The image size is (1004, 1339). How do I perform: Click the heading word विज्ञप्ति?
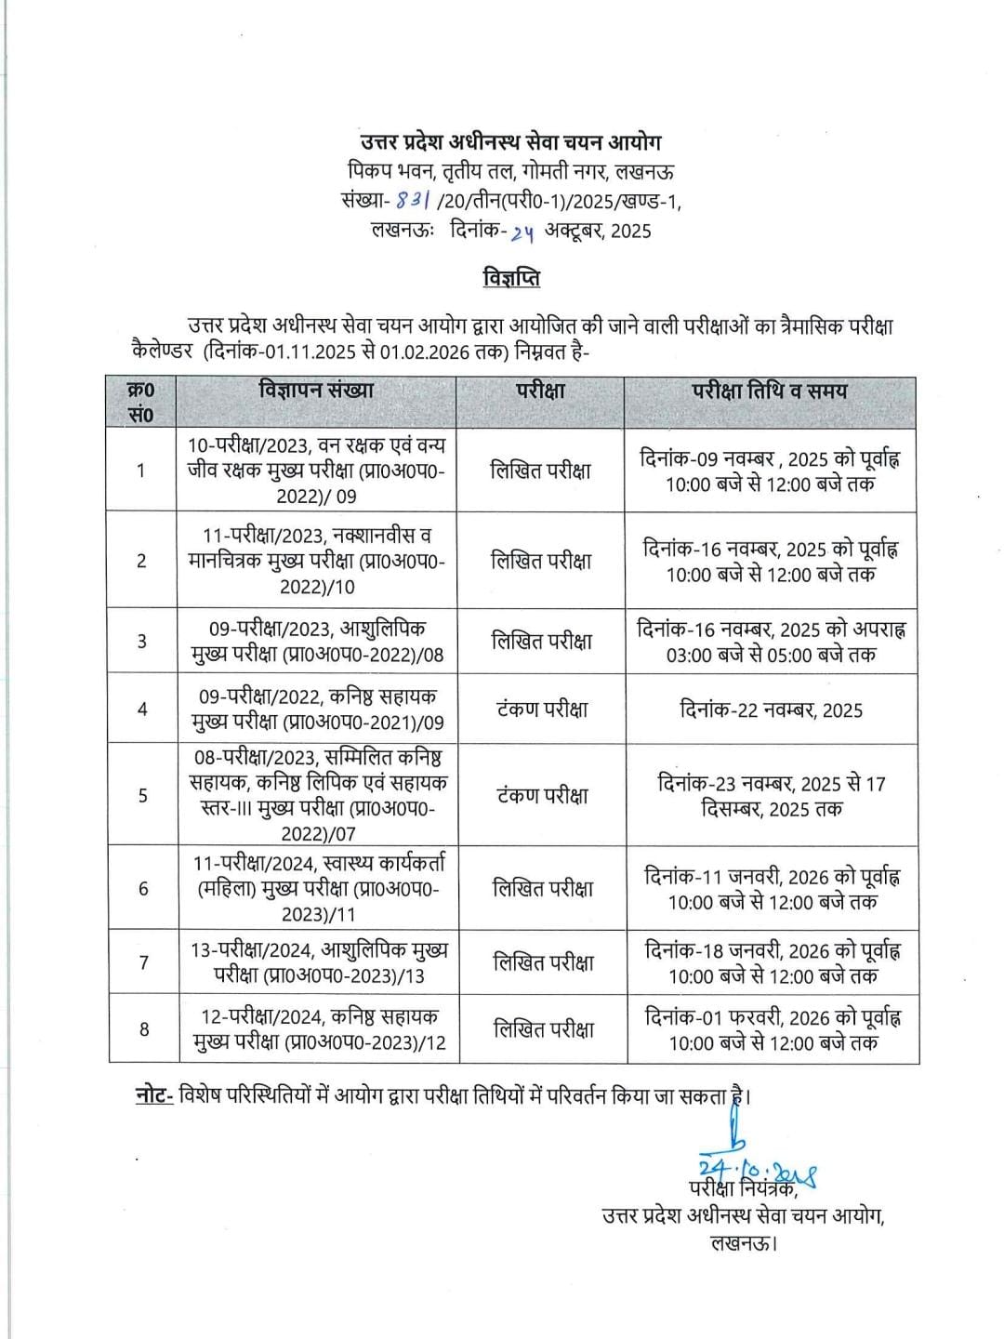511,278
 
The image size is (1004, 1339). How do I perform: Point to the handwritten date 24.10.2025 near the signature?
757,1171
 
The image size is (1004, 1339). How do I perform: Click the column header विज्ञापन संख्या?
316,391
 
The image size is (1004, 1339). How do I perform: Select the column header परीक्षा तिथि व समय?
770,391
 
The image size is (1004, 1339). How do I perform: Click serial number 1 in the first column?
141,471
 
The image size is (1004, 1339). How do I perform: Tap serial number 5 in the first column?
142,795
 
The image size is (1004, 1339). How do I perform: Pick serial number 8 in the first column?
143,1029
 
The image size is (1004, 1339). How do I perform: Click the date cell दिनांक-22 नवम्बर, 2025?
771,710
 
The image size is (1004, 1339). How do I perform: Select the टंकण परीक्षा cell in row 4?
541,709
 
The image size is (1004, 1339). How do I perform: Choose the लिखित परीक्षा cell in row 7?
543,962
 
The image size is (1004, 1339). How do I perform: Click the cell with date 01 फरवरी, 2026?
773,1029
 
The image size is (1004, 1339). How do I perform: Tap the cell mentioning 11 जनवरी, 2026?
772,889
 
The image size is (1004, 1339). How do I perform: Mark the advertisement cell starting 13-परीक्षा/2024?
318,962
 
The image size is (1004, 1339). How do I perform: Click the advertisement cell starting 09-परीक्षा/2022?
317,709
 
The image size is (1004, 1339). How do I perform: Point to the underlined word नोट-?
154,1096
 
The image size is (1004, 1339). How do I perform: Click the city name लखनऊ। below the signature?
743,1241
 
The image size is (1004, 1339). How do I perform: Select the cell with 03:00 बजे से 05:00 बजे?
771,642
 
